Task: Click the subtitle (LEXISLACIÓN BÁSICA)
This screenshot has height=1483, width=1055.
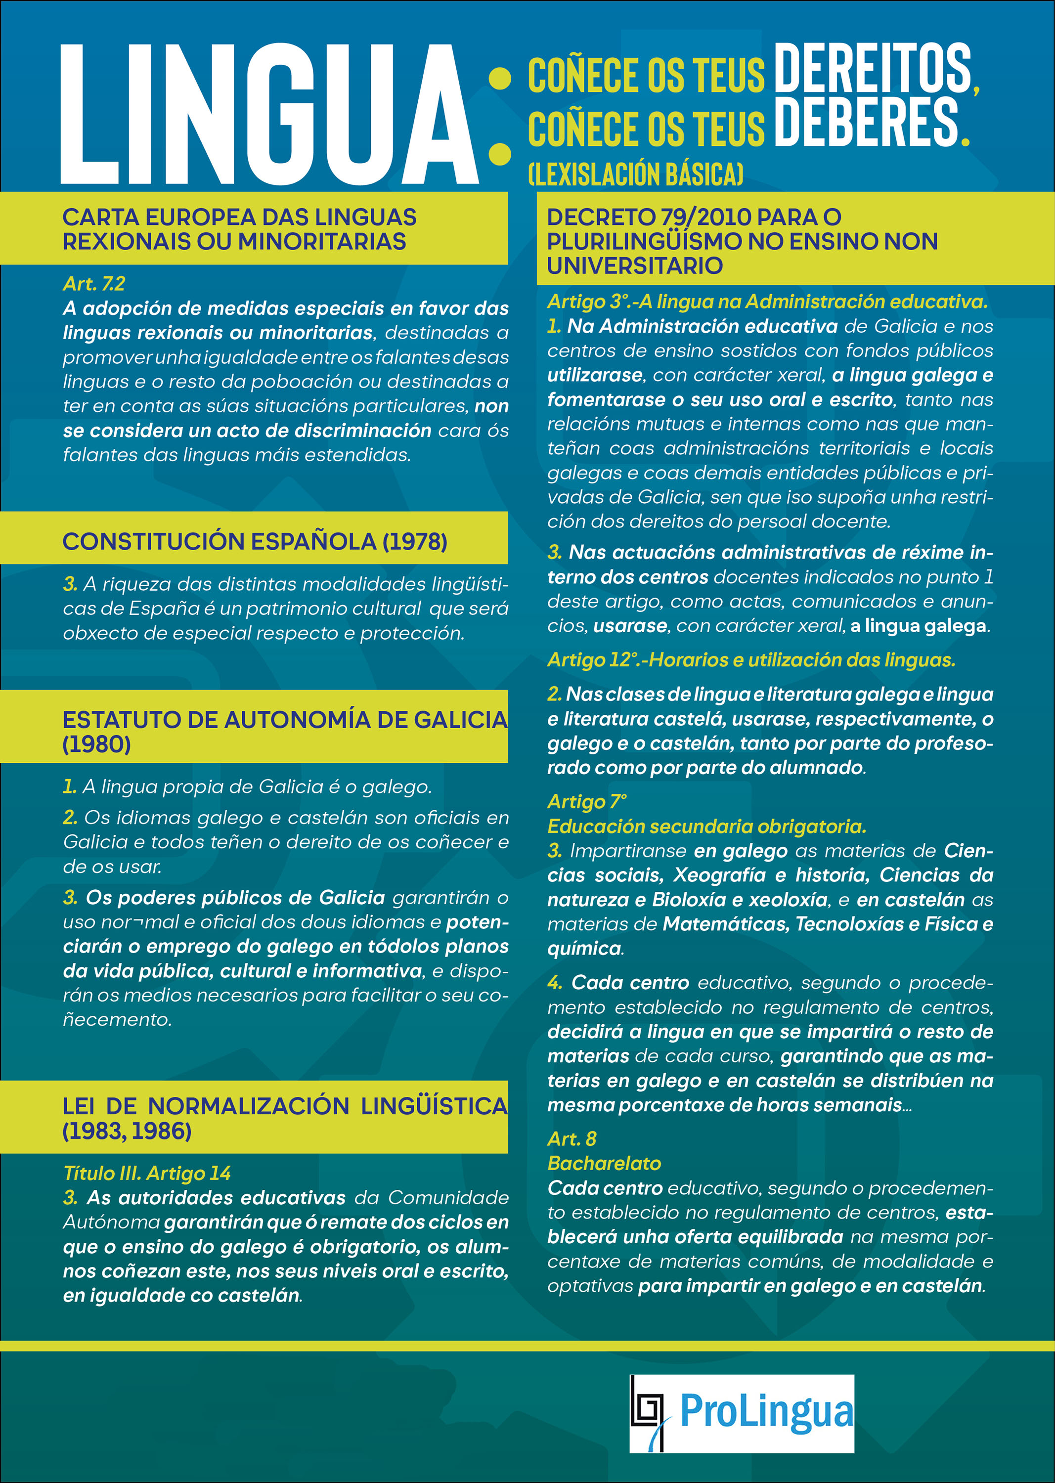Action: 635,174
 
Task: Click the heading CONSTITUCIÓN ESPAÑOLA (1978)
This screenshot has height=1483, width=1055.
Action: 255,541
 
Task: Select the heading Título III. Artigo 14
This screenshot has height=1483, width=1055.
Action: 147,1173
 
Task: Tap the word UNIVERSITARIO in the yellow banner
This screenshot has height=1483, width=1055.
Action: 634,265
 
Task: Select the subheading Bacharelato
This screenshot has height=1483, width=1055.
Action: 604,1163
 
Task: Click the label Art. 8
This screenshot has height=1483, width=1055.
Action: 571,1139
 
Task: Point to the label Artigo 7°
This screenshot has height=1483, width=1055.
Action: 587,802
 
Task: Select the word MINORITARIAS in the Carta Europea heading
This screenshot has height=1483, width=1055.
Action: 322,242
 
